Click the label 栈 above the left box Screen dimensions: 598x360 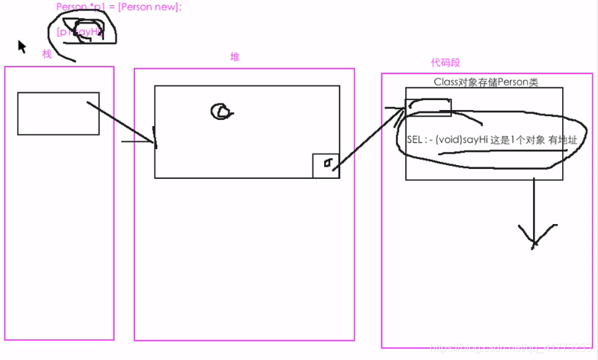[46, 54]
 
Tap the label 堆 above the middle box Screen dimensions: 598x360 [235, 57]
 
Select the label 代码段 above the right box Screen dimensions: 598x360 [446, 62]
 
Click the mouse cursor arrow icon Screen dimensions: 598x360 [22, 46]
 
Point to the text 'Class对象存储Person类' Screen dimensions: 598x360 [486, 82]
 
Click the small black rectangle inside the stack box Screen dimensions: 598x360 [58, 113]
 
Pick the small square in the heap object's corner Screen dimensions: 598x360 [326, 165]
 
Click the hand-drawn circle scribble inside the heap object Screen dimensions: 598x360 [221, 111]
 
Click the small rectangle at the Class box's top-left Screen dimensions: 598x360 [428, 107]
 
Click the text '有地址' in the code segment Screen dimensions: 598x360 [562, 140]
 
